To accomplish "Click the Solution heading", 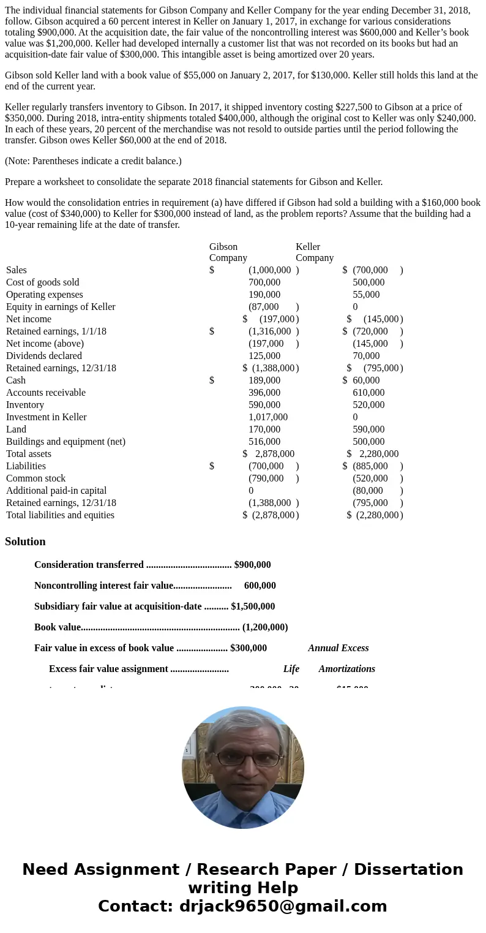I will click(x=25, y=542).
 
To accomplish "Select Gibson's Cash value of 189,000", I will click(x=264, y=380).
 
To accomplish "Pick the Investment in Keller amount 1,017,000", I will click(x=267, y=417).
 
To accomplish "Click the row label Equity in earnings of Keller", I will click(x=61, y=307).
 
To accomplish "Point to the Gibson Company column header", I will click(x=228, y=252).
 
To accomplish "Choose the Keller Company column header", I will click(x=315, y=252).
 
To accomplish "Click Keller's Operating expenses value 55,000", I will click(x=366, y=295).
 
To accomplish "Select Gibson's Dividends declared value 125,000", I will click(x=264, y=356).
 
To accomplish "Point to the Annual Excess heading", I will click(x=338, y=648).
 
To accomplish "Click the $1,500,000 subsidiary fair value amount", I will click(x=253, y=606).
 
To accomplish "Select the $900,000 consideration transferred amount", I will click(x=252, y=565).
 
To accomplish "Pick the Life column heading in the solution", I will click(x=291, y=669).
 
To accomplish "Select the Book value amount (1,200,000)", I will click(x=265, y=627).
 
